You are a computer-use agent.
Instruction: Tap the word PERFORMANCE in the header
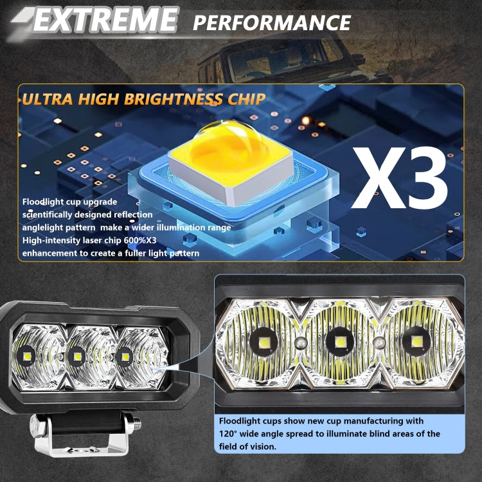coord(272,22)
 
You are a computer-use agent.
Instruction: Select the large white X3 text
coord(400,177)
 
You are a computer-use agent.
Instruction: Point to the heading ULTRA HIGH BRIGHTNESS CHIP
coord(143,99)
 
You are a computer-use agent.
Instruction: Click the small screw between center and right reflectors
coord(378,342)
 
